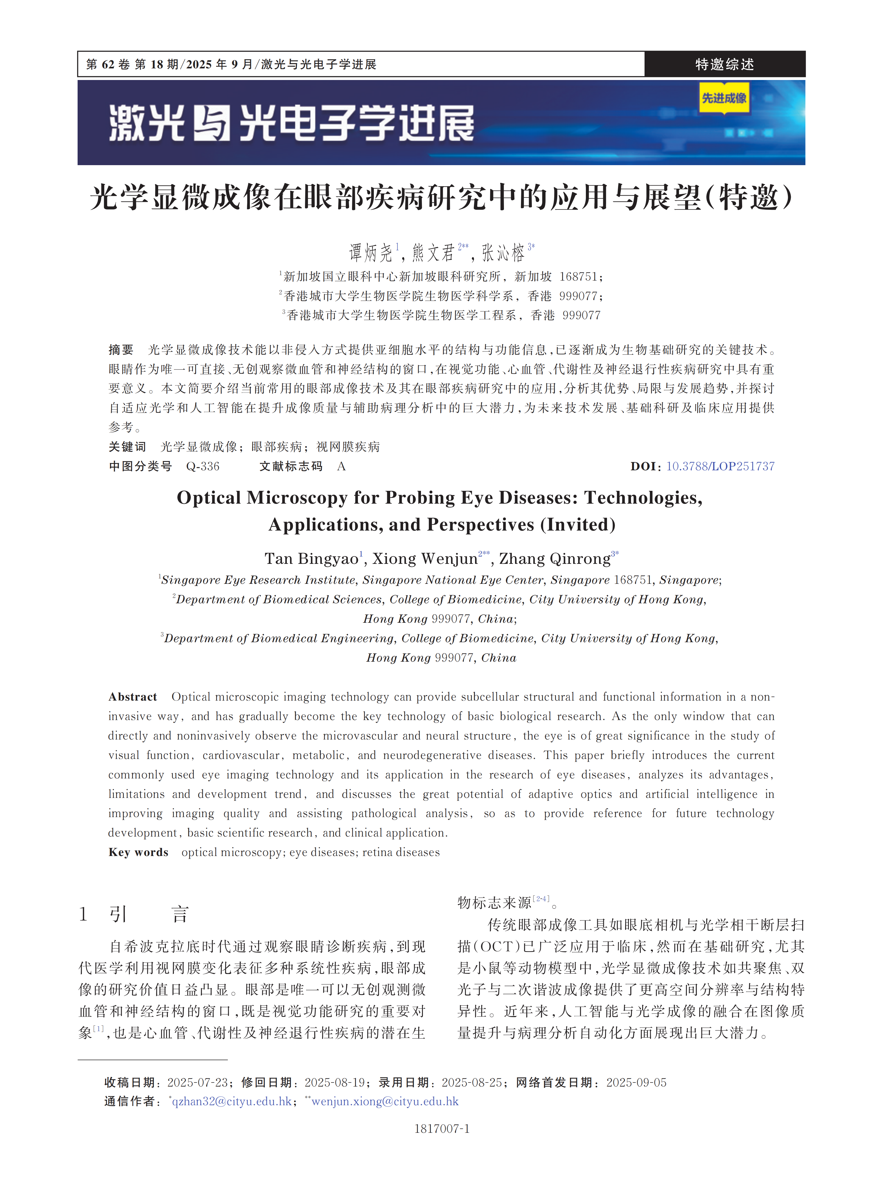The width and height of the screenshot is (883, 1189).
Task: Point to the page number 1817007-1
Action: pos(441,1128)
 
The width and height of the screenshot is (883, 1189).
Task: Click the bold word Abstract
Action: pos(132,697)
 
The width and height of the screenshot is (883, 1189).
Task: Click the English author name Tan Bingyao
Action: pos(311,559)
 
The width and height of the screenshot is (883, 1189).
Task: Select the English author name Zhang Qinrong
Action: pos(554,559)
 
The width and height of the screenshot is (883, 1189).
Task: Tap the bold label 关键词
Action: pos(127,447)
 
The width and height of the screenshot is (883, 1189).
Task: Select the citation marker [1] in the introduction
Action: pos(98,1028)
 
